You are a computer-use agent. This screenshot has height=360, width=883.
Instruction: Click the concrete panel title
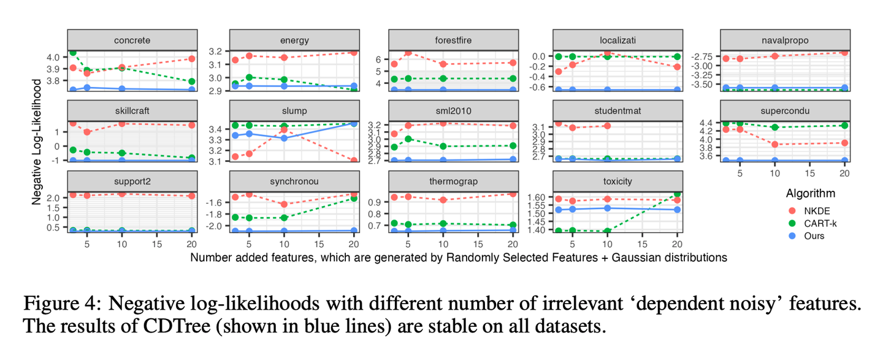[x=132, y=40]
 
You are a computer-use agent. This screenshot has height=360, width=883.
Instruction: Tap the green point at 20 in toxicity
[x=677, y=194]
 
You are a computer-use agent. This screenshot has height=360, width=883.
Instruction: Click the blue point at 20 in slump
[x=353, y=123]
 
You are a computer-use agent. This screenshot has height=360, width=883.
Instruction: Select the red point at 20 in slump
[x=353, y=161]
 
